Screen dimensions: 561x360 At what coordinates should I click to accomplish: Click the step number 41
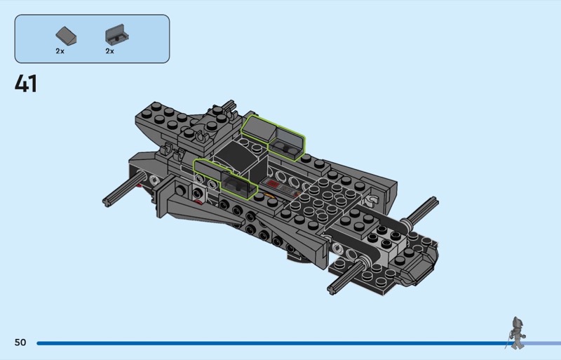click(26, 84)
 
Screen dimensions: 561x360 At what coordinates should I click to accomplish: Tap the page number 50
click(20, 342)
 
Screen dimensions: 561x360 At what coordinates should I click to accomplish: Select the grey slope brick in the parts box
click(66, 36)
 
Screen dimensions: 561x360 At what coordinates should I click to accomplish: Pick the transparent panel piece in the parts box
click(116, 35)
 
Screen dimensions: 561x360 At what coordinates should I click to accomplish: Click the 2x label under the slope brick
click(60, 51)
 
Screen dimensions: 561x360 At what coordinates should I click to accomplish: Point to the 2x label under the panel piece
click(110, 51)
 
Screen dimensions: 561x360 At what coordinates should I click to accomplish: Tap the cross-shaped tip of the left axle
click(107, 202)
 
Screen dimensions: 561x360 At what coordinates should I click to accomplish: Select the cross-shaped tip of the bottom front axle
click(332, 288)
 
